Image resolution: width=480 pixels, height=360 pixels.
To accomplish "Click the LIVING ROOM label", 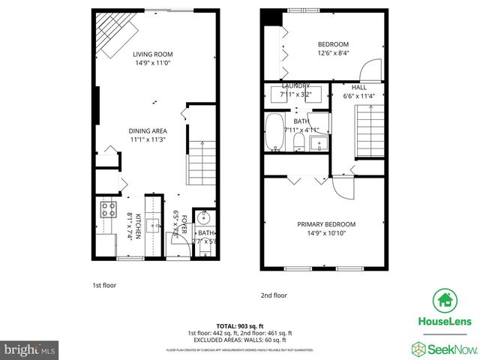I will click(x=153, y=55).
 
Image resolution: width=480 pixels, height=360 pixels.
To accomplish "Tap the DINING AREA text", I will click(x=148, y=130).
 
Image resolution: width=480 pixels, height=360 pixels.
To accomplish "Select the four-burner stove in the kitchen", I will click(x=106, y=209).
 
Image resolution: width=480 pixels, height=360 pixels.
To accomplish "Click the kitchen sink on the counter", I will click(x=153, y=223).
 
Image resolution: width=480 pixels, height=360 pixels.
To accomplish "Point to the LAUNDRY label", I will click(x=295, y=86).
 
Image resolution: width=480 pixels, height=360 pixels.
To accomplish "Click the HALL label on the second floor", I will click(x=360, y=88).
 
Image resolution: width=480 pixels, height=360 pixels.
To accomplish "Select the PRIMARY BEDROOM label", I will click(x=326, y=224).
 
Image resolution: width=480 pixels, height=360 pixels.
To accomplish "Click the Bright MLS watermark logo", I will click(x=30, y=349).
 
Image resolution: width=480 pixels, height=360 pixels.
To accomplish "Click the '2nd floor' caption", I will click(x=274, y=295).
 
